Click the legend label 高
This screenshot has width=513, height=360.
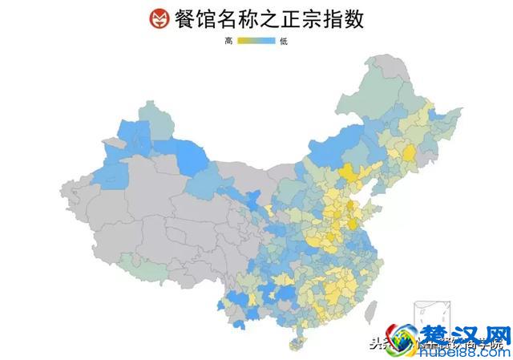coord(229,41)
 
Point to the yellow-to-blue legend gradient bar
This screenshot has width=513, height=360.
coord(256,41)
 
